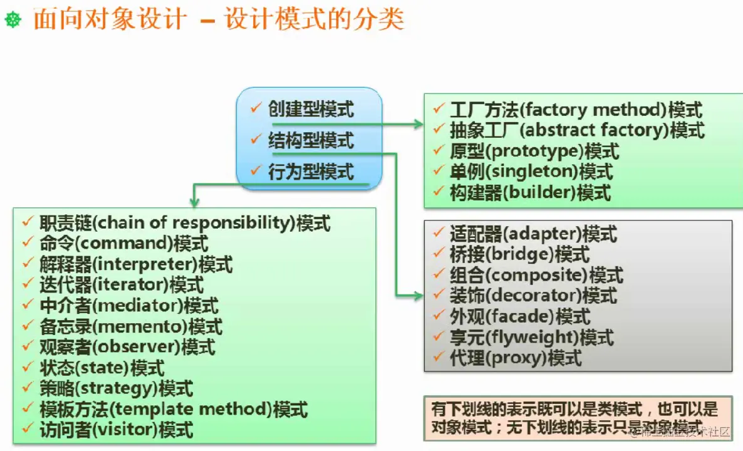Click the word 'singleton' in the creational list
(545, 172)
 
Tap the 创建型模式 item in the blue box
(311, 110)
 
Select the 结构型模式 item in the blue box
(311, 140)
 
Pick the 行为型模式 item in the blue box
(311, 171)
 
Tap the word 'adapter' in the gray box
(542, 234)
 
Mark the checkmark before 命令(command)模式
(27, 242)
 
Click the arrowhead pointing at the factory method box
(419, 125)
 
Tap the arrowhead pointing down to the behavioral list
(194, 202)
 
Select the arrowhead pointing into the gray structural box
(418, 294)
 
